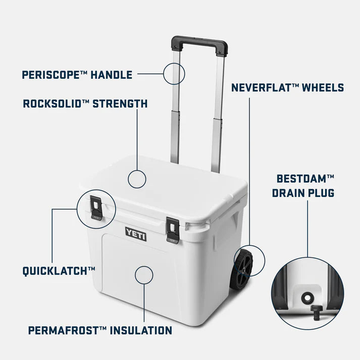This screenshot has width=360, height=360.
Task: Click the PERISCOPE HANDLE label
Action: point(77,75)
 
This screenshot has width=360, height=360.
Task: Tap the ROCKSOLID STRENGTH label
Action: point(85,104)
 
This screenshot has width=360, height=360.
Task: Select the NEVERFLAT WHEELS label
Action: point(287,88)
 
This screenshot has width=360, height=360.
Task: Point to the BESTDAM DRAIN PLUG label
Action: point(305,185)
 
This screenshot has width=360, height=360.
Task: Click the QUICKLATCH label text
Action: point(59,271)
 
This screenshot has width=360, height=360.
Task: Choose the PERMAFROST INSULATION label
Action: point(99,331)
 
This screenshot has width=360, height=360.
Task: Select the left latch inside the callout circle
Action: point(95,208)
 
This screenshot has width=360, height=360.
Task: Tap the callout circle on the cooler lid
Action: point(137,179)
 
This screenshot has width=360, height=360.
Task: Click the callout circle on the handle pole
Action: point(174,74)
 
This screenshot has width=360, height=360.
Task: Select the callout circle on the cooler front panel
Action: point(143,275)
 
